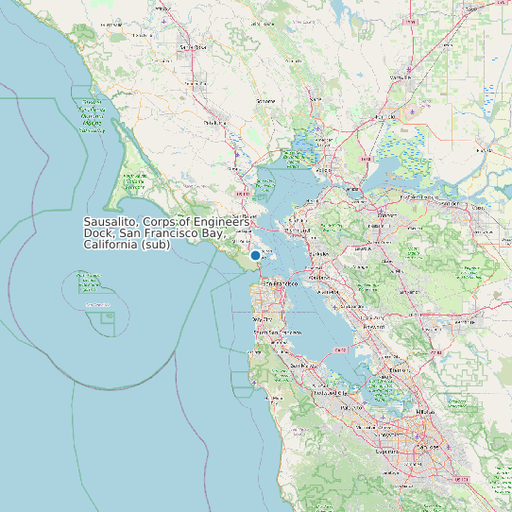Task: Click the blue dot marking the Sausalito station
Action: pos(255,255)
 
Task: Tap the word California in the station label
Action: pos(111,246)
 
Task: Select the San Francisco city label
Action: pos(280,283)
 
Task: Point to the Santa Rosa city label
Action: pos(194,46)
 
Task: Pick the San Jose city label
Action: pos(429,446)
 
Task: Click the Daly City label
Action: pos(262,320)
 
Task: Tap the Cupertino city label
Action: pos(387,452)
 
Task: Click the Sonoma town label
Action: pos(266,100)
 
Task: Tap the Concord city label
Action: pos(386,215)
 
